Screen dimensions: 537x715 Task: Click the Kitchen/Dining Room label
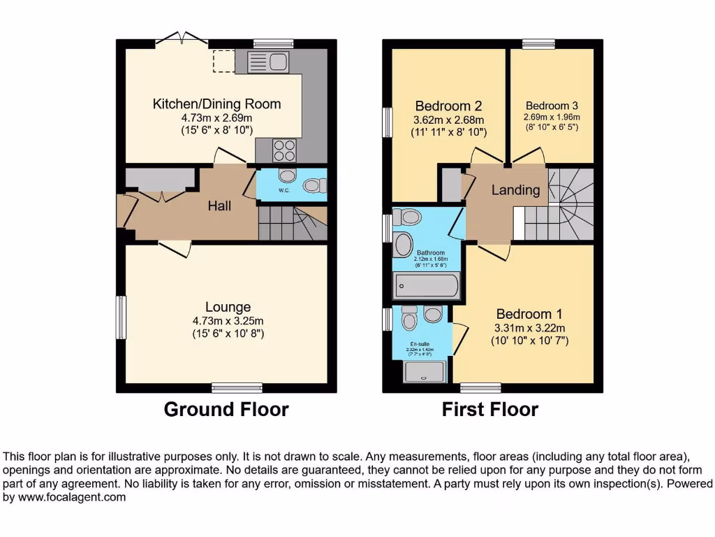(x=216, y=104)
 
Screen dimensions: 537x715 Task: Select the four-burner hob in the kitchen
(x=283, y=150)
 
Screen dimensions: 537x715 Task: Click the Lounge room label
(x=228, y=307)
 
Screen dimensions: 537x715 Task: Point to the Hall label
(x=219, y=206)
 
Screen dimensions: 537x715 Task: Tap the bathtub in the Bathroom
(x=427, y=286)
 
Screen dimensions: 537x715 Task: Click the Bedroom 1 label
(x=529, y=314)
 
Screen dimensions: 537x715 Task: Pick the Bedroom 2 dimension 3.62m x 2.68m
(x=448, y=120)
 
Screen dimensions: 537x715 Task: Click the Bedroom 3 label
(x=552, y=106)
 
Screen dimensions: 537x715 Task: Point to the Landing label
(x=515, y=189)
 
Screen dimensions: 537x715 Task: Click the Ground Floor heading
(x=226, y=409)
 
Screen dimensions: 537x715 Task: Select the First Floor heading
(x=490, y=409)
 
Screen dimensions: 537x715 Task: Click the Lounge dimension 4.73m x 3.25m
(x=228, y=321)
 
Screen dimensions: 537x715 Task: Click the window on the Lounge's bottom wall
(x=237, y=387)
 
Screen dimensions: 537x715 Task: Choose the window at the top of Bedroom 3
(x=538, y=44)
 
